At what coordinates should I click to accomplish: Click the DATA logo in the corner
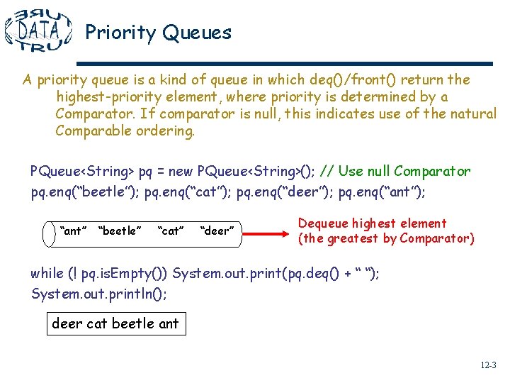pyautogui.click(x=38, y=30)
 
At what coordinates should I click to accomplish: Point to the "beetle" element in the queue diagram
pyautogui.click(x=120, y=231)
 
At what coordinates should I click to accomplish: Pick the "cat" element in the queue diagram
pyautogui.click(x=170, y=231)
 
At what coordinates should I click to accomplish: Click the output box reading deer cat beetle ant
pyautogui.click(x=115, y=324)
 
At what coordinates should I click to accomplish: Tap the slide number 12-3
pyautogui.click(x=488, y=366)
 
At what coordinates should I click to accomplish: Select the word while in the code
pyautogui.click(x=47, y=274)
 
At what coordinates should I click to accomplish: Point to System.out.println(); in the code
pyautogui.click(x=99, y=293)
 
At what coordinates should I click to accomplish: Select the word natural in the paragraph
pyautogui.click(x=471, y=113)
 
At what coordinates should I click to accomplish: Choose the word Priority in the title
pyautogui.click(x=120, y=33)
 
